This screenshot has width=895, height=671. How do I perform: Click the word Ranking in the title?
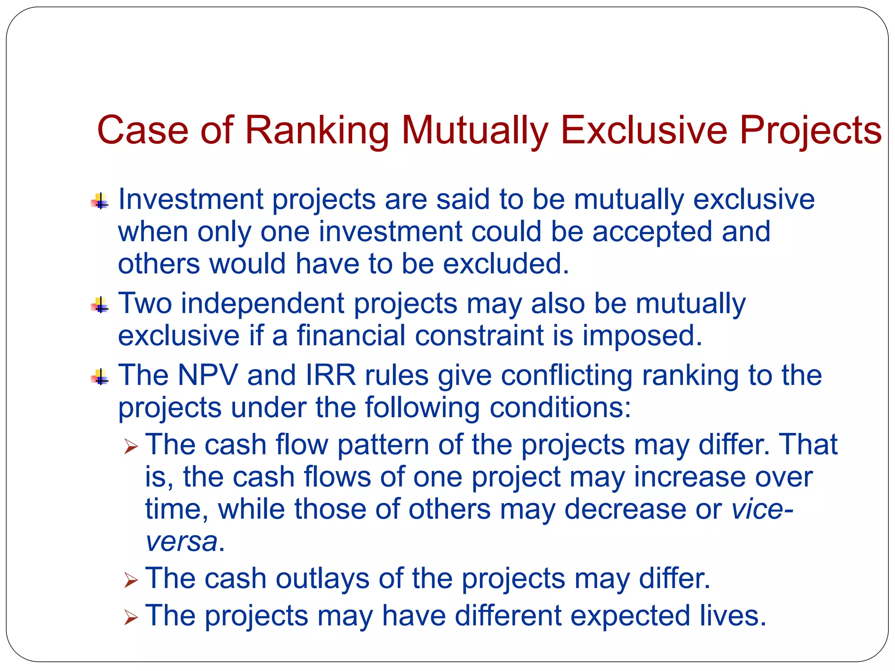coord(317,131)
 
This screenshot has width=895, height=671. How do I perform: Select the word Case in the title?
coord(142,130)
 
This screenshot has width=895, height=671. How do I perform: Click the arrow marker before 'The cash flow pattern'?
coord(131,446)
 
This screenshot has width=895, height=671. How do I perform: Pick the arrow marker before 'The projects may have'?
coord(131,617)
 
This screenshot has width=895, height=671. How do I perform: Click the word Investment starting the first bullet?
coord(191,199)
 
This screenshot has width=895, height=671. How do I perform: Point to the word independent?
coord(263,303)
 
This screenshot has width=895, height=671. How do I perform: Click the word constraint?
coord(479,335)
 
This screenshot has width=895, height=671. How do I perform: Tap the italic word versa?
coord(182,542)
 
